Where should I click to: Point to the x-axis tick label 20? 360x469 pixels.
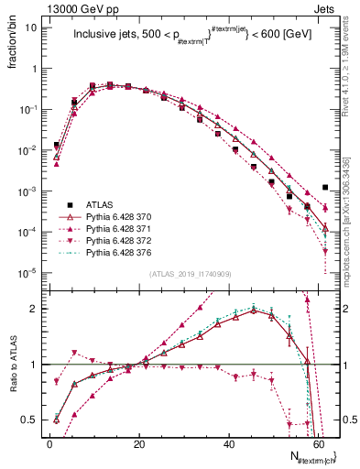click(x=139, y=443)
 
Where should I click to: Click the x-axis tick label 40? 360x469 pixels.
click(x=229, y=443)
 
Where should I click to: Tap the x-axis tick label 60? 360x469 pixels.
click(x=319, y=443)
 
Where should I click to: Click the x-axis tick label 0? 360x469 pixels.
click(x=49, y=443)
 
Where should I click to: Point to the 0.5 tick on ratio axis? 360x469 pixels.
click(x=31, y=420)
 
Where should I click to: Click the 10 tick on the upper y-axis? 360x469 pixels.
click(x=32, y=27)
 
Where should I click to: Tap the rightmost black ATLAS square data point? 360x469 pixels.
click(x=325, y=187)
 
